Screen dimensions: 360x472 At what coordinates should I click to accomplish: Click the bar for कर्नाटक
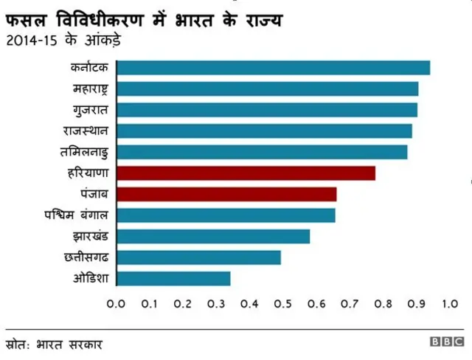click(273, 68)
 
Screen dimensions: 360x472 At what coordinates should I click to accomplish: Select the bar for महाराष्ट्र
click(267, 89)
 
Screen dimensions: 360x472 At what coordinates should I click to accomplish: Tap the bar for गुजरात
click(266, 110)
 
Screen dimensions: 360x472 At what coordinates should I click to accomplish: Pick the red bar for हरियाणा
click(246, 173)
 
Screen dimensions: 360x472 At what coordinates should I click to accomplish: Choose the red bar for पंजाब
click(226, 194)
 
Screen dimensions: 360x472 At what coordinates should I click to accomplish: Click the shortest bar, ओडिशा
click(173, 278)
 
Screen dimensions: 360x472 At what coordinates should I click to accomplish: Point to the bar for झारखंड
click(213, 236)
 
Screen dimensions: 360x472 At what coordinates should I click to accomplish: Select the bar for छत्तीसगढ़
click(198, 257)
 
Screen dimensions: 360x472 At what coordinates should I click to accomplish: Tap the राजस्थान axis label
click(86, 131)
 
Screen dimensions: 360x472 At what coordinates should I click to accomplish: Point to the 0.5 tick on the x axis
click(282, 303)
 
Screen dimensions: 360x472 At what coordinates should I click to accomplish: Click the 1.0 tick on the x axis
click(448, 303)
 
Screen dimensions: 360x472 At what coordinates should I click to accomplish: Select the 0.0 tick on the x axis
click(117, 303)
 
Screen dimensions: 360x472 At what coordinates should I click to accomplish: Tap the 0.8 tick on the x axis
click(382, 303)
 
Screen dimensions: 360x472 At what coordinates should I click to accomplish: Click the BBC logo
click(447, 343)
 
